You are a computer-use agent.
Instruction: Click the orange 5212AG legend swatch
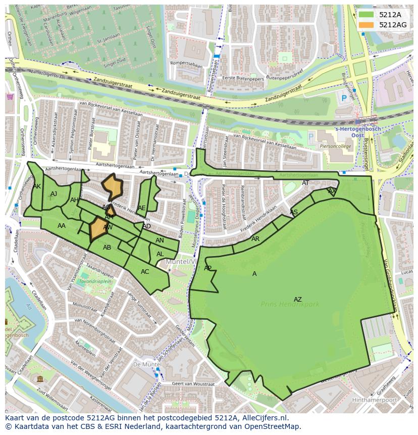pyautogui.click(x=367, y=25)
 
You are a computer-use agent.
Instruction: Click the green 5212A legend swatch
pyautogui.click(x=367, y=15)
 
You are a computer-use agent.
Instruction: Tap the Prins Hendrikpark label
pyautogui.click(x=290, y=304)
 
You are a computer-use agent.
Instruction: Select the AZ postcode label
pyautogui.click(x=298, y=300)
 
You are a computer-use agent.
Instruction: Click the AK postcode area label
pyautogui.click(x=37, y=186)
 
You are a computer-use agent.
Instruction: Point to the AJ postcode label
pyautogui.click(x=54, y=194)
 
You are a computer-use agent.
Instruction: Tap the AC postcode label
pyautogui.click(x=145, y=272)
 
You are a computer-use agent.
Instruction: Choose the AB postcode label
pyautogui.click(x=107, y=248)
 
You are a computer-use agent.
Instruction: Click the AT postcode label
pyautogui.click(x=305, y=183)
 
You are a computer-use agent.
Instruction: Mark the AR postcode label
pyautogui.click(x=255, y=239)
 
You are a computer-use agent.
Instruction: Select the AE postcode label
pyautogui.click(x=142, y=208)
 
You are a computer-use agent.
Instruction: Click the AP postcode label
pyautogui.click(x=207, y=268)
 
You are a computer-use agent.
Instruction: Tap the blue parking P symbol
pyautogui.click(x=344, y=98)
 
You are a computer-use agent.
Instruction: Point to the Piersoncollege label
pyautogui.click(x=335, y=146)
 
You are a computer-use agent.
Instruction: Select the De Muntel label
pyautogui.click(x=143, y=364)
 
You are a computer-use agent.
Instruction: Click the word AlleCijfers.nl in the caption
pyautogui.click(x=264, y=418)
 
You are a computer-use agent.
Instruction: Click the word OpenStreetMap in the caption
pyautogui.click(x=275, y=426)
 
